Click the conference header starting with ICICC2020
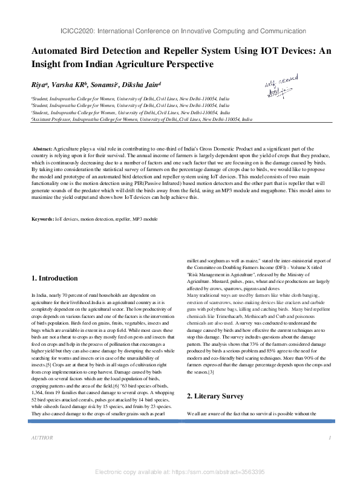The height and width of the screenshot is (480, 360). (x=180, y=31)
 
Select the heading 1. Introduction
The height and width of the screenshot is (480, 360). (x=54, y=279)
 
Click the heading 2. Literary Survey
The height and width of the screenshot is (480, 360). (x=215, y=396)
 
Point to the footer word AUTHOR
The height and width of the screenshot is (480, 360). (x=42, y=437)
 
